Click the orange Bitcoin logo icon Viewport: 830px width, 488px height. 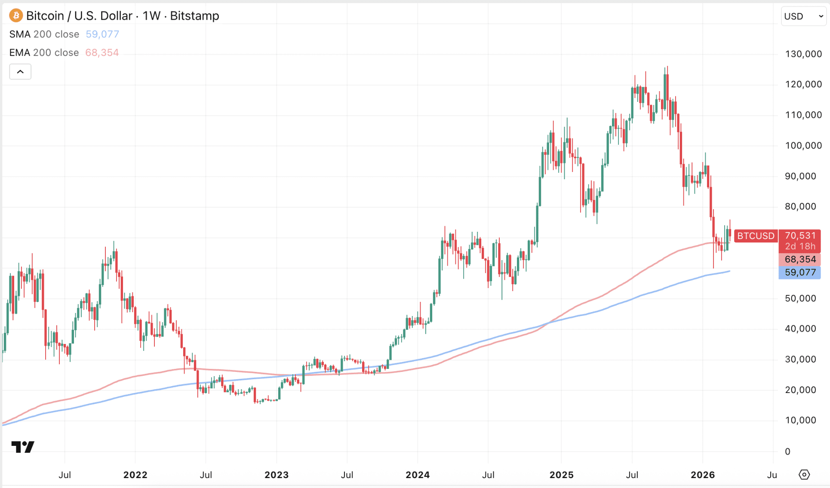pyautogui.click(x=16, y=16)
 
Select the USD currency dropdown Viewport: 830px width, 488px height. pyautogui.click(x=803, y=16)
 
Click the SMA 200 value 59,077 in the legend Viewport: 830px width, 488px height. pyautogui.click(x=102, y=34)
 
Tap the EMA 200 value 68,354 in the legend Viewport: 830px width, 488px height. pyautogui.click(x=102, y=53)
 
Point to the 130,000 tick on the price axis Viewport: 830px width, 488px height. pyautogui.click(x=803, y=54)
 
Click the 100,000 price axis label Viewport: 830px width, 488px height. pyautogui.click(x=803, y=146)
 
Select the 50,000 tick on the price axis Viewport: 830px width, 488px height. pyautogui.click(x=800, y=298)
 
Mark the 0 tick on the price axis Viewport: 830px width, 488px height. pyautogui.click(x=787, y=451)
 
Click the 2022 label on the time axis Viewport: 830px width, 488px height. pyautogui.click(x=135, y=475)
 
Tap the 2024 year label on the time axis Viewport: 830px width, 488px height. pyautogui.click(x=418, y=475)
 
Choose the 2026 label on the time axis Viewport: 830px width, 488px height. pyautogui.click(x=703, y=475)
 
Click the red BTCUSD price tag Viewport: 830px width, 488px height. pyautogui.click(x=756, y=236)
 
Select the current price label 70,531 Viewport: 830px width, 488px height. pyautogui.click(x=800, y=236)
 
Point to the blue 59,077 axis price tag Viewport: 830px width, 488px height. pyautogui.click(x=800, y=273)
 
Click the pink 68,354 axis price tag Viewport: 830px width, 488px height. pyautogui.click(x=800, y=259)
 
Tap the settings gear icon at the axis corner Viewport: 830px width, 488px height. pyautogui.click(x=804, y=475)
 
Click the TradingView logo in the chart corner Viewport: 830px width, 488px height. pyautogui.click(x=23, y=447)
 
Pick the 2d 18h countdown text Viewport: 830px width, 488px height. pyautogui.click(x=800, y=246)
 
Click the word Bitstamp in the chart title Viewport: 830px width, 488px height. pyautogui.click(x=194, y=16)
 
